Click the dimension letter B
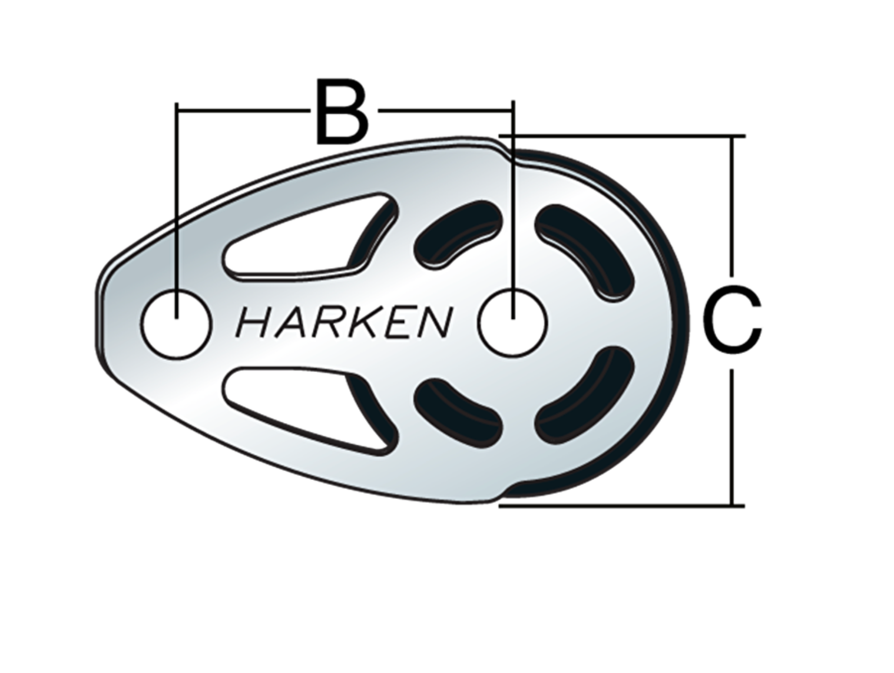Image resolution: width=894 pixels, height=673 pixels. (342, 111)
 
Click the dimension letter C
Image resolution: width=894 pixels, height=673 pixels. (732, 319)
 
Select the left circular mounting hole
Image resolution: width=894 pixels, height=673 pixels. (177, 324)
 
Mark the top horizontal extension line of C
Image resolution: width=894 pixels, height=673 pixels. (622, 135)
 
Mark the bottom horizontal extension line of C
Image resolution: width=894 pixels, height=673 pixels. (621, 507)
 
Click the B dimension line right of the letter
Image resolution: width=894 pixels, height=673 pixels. (445, 110)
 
